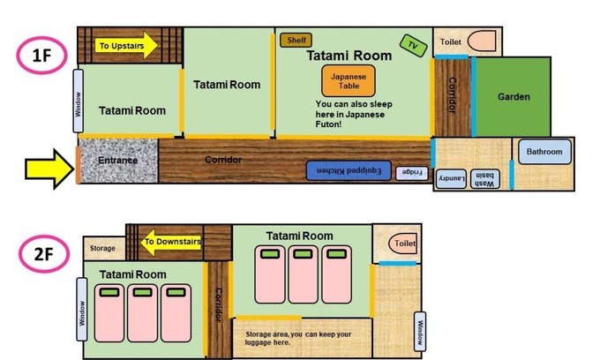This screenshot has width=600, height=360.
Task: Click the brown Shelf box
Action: pos(296,40)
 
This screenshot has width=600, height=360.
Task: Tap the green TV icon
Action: pos(413,46)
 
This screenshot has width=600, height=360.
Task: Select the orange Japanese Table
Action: pos(349,80)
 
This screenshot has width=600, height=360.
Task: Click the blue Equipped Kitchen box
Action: pos(349,170)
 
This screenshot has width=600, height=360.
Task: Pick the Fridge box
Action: pos(411,173)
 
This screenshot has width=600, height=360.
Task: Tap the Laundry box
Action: pos(451,178)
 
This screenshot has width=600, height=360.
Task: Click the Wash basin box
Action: pos(484,178)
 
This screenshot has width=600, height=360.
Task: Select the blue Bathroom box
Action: pos(544,152)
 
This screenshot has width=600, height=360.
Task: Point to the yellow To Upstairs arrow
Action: pos(126,46)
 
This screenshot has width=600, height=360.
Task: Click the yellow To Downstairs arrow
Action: pos(171,242)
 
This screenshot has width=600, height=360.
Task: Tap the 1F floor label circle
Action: pos(41,55)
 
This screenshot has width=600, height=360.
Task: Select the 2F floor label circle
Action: pos(44,253)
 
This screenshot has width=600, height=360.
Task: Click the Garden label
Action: pos(514,97)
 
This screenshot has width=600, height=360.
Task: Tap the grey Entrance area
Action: pos(118,161)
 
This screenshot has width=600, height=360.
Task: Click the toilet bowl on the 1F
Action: pos(482,41)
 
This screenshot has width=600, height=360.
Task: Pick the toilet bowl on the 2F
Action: pos(402,244)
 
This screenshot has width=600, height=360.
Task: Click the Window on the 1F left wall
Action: pos(78,101)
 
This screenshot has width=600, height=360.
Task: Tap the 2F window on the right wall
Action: pos(420,332)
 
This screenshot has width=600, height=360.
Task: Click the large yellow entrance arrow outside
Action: pos(49,169)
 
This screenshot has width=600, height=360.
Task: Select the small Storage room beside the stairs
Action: pos(104,249)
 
